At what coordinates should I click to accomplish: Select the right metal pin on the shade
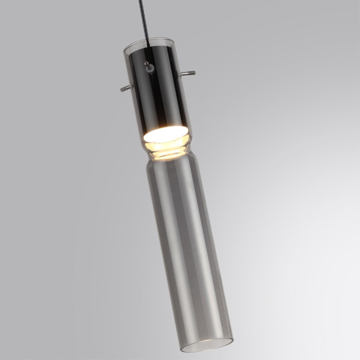[x=188, y=73]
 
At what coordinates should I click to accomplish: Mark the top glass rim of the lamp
[x=147, y=41]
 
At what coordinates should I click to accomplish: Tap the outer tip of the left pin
[x=121, y=89]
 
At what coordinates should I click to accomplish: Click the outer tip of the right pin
[x=194, y=72]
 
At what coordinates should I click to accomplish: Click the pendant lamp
[x=175, y=195]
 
